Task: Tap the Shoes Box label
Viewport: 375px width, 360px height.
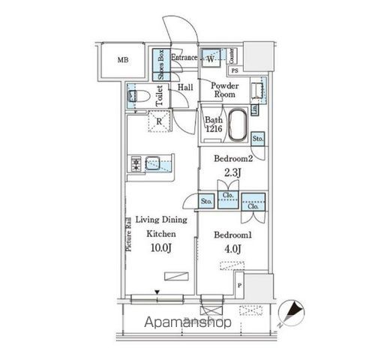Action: point(161,64)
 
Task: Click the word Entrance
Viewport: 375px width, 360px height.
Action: point(184,58)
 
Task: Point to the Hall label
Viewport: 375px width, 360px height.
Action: point(185,88)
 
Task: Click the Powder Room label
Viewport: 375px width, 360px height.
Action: point(223,90)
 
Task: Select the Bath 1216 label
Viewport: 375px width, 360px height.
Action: point(213,124)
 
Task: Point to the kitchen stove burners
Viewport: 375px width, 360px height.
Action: point(136,163)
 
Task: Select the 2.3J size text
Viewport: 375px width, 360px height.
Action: point(232,172)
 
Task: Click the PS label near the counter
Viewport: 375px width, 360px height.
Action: point(235,70)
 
